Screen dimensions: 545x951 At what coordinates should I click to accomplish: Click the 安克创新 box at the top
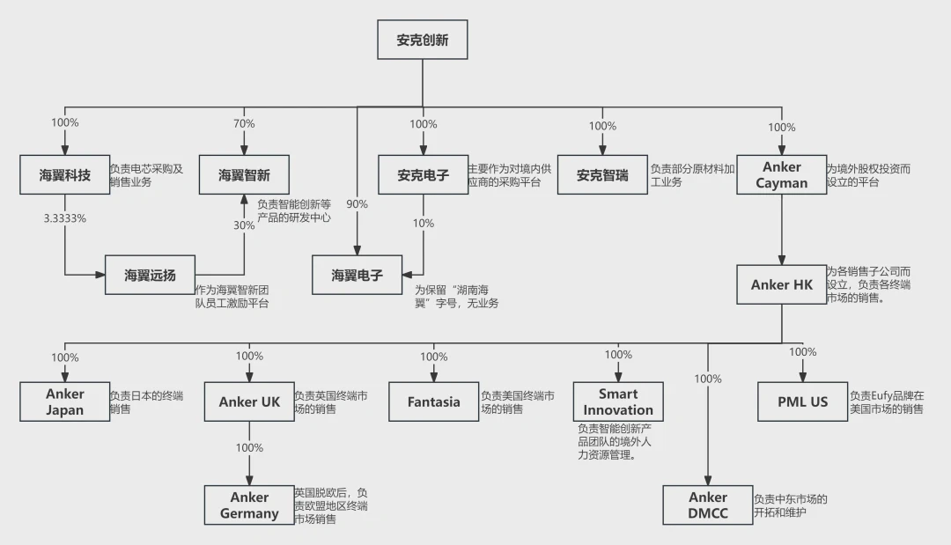(x=422, y=40)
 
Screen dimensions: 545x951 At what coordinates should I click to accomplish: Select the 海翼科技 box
(x=64, y=175)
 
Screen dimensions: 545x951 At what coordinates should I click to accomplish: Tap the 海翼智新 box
(x=244, y=175)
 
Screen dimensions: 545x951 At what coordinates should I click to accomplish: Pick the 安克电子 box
(x=423, y=175)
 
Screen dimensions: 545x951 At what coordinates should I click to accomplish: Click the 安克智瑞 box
(x=602, y=175)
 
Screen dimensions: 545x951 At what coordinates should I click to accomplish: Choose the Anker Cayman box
(x=781, y=175)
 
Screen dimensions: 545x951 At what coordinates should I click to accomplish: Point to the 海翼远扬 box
(x=150, y=276)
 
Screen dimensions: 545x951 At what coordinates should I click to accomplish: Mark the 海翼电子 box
(x=357, y=275)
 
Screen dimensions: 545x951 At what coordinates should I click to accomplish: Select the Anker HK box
(x=781, y=284)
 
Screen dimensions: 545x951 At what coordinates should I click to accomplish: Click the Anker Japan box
(x=64, y=401)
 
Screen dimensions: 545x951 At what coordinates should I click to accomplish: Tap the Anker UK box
(x=249, y=401)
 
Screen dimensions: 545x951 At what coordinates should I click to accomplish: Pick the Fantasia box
(x=433, y=401)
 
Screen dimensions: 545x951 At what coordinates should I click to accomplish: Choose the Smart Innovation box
(x=618, y=401)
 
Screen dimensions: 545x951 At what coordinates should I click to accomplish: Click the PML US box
(x=802, y=401)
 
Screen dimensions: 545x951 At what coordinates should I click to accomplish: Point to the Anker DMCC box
(x=708, y=505)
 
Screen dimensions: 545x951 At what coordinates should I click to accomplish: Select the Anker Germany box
(x=249, y=505)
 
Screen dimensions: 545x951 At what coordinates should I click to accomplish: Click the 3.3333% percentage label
(x=65, y=217)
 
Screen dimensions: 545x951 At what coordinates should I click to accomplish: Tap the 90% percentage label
(x=357, y=204)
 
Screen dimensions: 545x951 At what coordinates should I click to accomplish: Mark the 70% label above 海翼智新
(x=244, y=124)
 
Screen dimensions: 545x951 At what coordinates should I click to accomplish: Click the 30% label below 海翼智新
(x=244, y=225)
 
